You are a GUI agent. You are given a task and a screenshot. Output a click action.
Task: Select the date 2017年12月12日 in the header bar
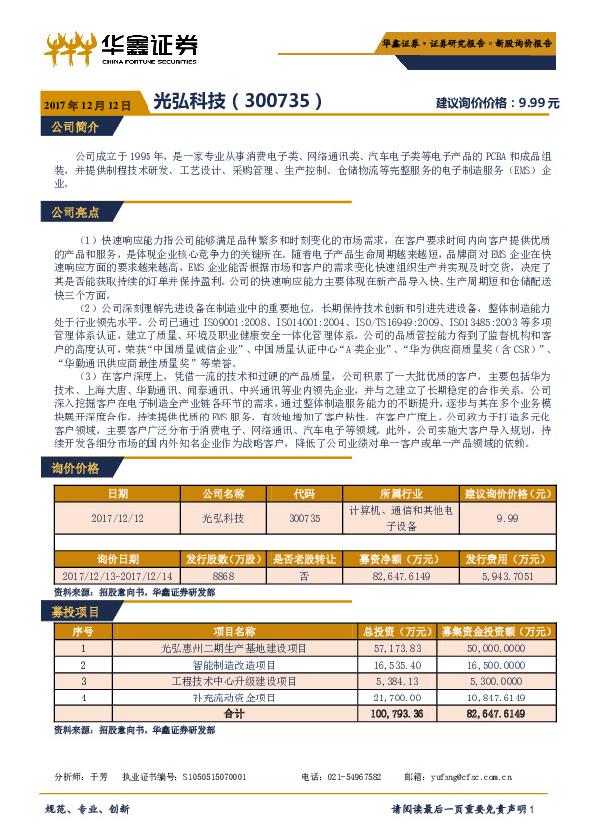[88, 104]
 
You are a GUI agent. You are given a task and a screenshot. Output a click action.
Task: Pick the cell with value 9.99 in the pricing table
[507, 519]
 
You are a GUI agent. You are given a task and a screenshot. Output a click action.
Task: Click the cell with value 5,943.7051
[507, 576]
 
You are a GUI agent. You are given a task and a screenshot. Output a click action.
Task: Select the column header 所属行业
[403, 493]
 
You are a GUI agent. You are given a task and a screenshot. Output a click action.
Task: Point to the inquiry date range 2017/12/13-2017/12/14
[118, 576]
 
